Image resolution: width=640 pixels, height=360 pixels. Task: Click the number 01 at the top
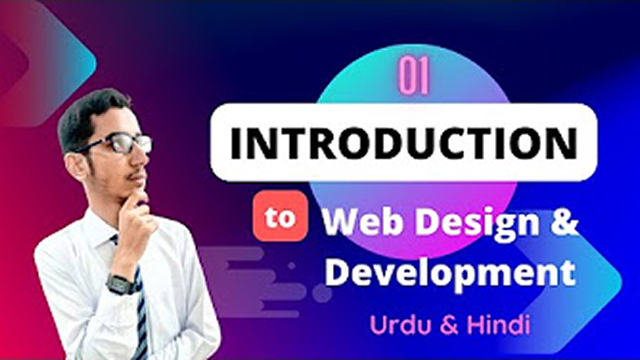point(414,76)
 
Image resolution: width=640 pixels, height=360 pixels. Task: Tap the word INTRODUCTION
point(403,143)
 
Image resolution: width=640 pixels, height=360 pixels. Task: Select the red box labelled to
point(280,217)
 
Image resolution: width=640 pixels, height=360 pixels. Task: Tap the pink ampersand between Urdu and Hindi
point(450,325)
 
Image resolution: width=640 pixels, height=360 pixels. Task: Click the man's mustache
point(134,177)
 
